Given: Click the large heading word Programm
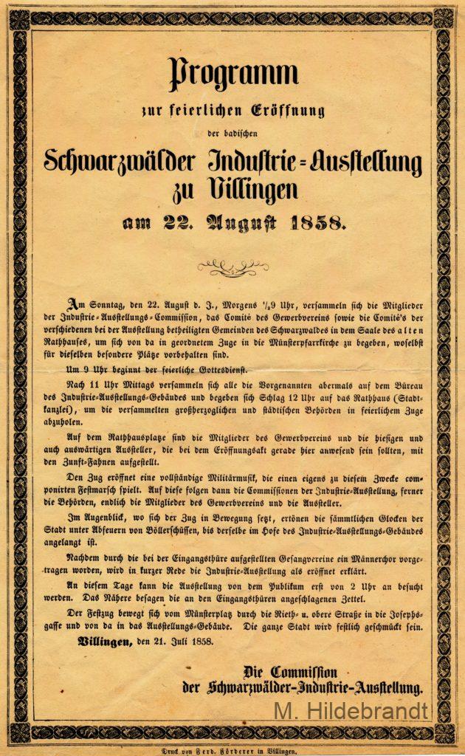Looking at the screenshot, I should pos(233,75).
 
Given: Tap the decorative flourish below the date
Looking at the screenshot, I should pos(232,267).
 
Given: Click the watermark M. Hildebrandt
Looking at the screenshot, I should pos(351,711).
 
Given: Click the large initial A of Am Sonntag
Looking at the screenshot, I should pos(72,303).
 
